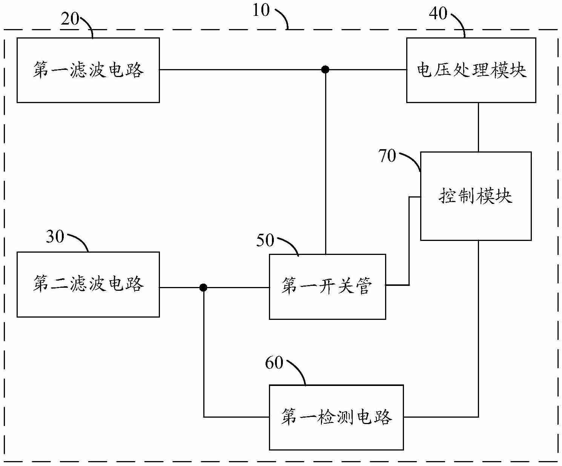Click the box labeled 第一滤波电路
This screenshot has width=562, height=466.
pyautogui.click(x=88, y=70)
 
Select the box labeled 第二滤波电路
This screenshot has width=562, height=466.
pyautogui.click(x=88, y=284)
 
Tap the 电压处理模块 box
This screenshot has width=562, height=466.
pyautogui.click(x=471, y=70)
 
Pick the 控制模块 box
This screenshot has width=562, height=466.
pyautogui.click(x=476, y=196)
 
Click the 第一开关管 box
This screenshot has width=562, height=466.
pyautogui.click(x=327, y=287)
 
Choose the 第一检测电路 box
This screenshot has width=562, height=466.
pyautogui.click(x=336, y=417)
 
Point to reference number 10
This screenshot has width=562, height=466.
pyautogui.click(x=261, y=10)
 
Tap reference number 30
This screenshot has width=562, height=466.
pyautogui.click(x=55, y=237)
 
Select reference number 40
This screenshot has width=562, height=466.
pyautogui.click(x=438, y=14)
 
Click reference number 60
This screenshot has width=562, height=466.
pyautogui.click(x=274, y=363)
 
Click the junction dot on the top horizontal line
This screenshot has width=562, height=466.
pyautogui.click(x=325, y=69)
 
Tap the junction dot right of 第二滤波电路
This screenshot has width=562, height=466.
pyautogui.click(x=203, y=288)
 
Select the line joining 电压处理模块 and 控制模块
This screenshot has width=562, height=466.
pyautogui.click(x=479, y=127)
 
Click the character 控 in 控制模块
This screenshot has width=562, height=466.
pyautogui.click(x=447, y=196)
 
